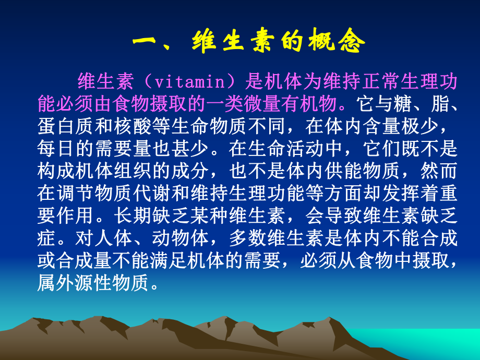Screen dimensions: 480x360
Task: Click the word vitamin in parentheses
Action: [190, 82]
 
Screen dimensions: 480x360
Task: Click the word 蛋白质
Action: [65, 126]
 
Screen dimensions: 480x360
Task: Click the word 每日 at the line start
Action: [56, 149]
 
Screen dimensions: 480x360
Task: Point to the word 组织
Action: [132, 171]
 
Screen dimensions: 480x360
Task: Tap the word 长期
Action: [132, 215]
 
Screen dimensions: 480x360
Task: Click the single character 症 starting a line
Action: [46, 238]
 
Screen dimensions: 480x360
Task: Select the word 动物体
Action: [181, 238]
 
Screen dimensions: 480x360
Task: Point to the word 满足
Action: [171, 260]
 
